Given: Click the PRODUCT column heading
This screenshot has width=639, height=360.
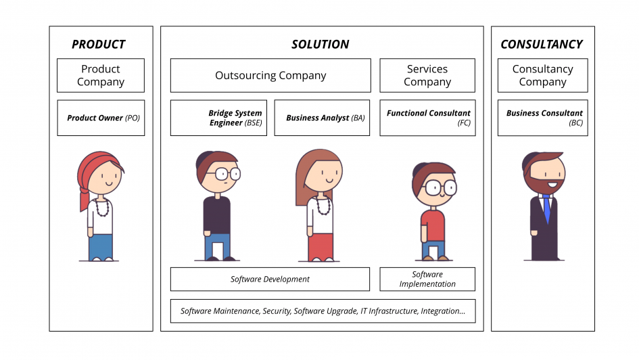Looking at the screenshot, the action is [x=99, y=44].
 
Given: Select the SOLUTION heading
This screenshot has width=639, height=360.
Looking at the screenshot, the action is [x=321, y=44].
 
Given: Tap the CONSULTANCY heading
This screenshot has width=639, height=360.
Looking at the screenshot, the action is [x=542, y=44].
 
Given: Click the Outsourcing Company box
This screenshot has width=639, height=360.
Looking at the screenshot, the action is [x=270, y=75].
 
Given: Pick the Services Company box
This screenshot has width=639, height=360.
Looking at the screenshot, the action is [x=427, y=75].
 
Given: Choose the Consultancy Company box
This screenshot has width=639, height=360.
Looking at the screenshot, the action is [x=543, y=75].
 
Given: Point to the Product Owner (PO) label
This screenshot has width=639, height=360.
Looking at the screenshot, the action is [x=103, y=118].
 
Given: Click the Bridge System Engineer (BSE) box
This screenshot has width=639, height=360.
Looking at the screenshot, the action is [x=219, y=118].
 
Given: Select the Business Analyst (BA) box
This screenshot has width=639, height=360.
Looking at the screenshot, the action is [x=322, y=118].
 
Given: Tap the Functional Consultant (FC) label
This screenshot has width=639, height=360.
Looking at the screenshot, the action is [x=429, y=118].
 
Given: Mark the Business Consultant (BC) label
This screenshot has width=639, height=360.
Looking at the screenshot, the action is [x=544, y=118].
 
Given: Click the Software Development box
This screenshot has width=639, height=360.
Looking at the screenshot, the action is [x=270, y=279].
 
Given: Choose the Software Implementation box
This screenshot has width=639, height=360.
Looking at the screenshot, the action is [x=427, y=279].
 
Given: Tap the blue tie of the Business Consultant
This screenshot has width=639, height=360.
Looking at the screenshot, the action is [x=547, y=208].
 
